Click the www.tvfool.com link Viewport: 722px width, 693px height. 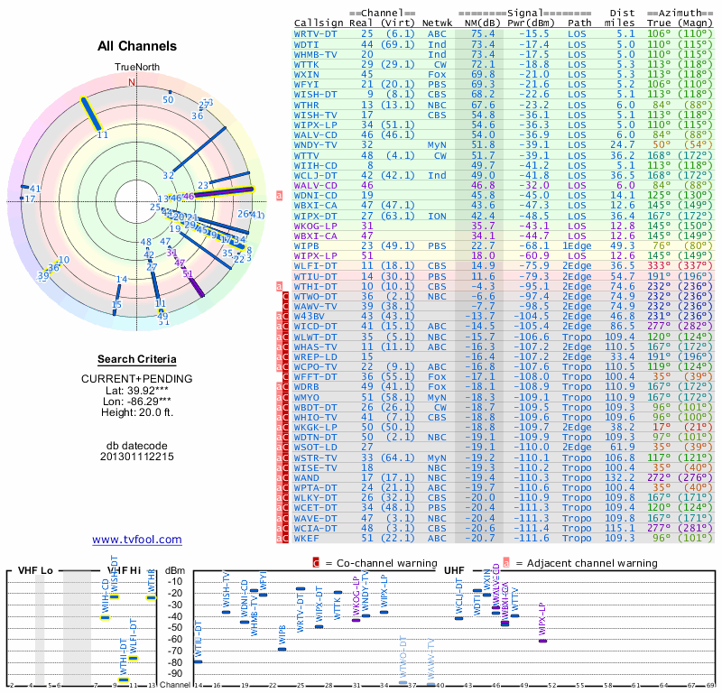137,540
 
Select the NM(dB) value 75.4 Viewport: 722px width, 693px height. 483,33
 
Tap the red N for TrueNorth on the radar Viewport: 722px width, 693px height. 132,82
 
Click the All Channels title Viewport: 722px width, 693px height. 137,46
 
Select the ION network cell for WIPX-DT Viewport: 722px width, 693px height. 437,217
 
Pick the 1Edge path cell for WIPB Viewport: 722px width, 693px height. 579,245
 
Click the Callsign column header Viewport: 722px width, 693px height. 319,22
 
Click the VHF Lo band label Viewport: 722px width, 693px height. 35,571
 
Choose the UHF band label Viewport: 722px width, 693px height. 453,570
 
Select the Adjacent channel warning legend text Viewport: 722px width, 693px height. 587,563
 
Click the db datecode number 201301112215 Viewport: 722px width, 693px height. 137,457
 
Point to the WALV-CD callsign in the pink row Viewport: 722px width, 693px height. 315,185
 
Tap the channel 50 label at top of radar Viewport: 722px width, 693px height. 168,99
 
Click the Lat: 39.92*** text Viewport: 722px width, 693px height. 137,389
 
